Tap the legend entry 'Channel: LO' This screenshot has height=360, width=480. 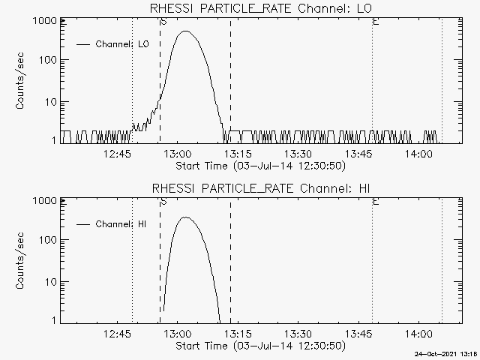click(122, 44)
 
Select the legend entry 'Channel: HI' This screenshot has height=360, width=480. click(122, 224)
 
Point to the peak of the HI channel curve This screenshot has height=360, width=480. click(184, 217)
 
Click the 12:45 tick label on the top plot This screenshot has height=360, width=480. click(118, 154)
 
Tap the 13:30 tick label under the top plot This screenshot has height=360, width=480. click(298, 154)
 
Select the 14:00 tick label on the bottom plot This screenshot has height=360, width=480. click(417, 334)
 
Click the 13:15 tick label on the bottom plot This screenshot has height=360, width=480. click(238, 334)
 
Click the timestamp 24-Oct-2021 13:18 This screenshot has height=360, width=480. click(448, 354)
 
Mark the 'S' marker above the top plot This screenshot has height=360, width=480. click(163, 22)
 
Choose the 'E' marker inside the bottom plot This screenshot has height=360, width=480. click(375, 202)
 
